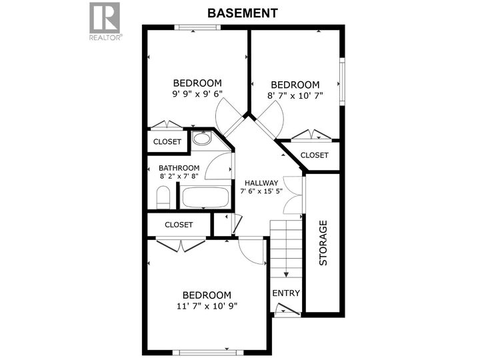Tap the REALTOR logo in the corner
(105, 21)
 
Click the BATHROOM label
(179, 168)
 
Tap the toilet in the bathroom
(163, 197)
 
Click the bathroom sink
(201, 139)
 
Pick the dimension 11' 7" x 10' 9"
(207, 306)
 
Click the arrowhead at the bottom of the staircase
(285, 274)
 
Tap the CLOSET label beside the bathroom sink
(167, 142)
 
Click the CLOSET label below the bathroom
(179, 225)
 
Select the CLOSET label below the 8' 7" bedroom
(314, 155)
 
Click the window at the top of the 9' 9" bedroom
(197, 27)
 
